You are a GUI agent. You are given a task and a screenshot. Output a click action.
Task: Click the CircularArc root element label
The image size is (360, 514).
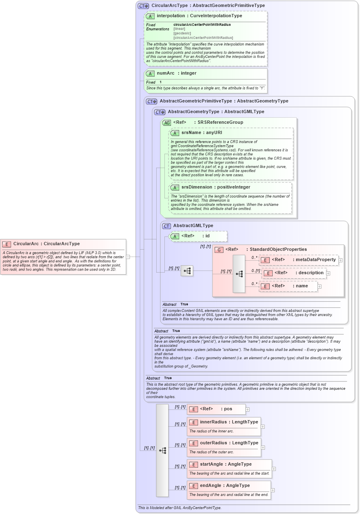(46, 243)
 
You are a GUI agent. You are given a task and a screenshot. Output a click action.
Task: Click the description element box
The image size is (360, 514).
(294, 273)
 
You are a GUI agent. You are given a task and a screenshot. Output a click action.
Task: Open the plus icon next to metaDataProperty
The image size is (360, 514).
(340, 260)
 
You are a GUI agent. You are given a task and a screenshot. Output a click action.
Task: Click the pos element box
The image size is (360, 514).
(216, 409)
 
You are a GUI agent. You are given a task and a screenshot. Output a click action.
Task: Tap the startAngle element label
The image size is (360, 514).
(226, 464)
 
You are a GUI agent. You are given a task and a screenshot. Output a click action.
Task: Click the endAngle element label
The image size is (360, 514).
(225, 486)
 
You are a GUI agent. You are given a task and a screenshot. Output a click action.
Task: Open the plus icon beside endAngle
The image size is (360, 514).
(273, 490)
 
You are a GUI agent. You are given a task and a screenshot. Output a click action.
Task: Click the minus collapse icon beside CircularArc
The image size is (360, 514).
(128, 257)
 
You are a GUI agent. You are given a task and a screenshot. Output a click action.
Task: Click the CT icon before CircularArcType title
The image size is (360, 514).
(143, 6)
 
